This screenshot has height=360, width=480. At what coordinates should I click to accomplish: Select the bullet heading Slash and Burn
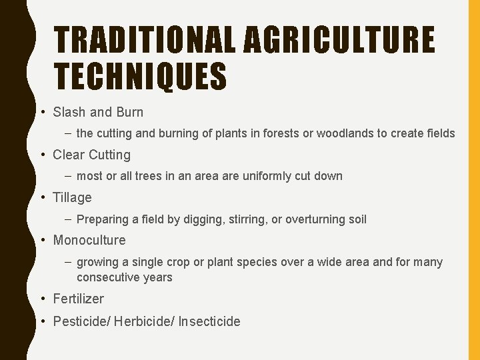point(98,112)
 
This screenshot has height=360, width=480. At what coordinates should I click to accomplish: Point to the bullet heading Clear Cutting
point(92,155)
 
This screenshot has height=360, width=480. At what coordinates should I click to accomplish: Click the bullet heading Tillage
point(72,197)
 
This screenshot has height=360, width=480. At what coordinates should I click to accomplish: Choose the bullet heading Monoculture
point(89,240)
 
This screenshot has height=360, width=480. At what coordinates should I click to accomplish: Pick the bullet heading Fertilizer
point(78,299)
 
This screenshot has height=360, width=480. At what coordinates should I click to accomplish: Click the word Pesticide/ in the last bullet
point(81,321)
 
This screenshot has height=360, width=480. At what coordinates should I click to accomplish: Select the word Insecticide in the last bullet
point(209,321)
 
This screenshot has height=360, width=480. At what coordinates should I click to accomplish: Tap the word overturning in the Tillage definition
point(312,219)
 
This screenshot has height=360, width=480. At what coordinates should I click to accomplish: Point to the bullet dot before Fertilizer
point(43,299)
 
